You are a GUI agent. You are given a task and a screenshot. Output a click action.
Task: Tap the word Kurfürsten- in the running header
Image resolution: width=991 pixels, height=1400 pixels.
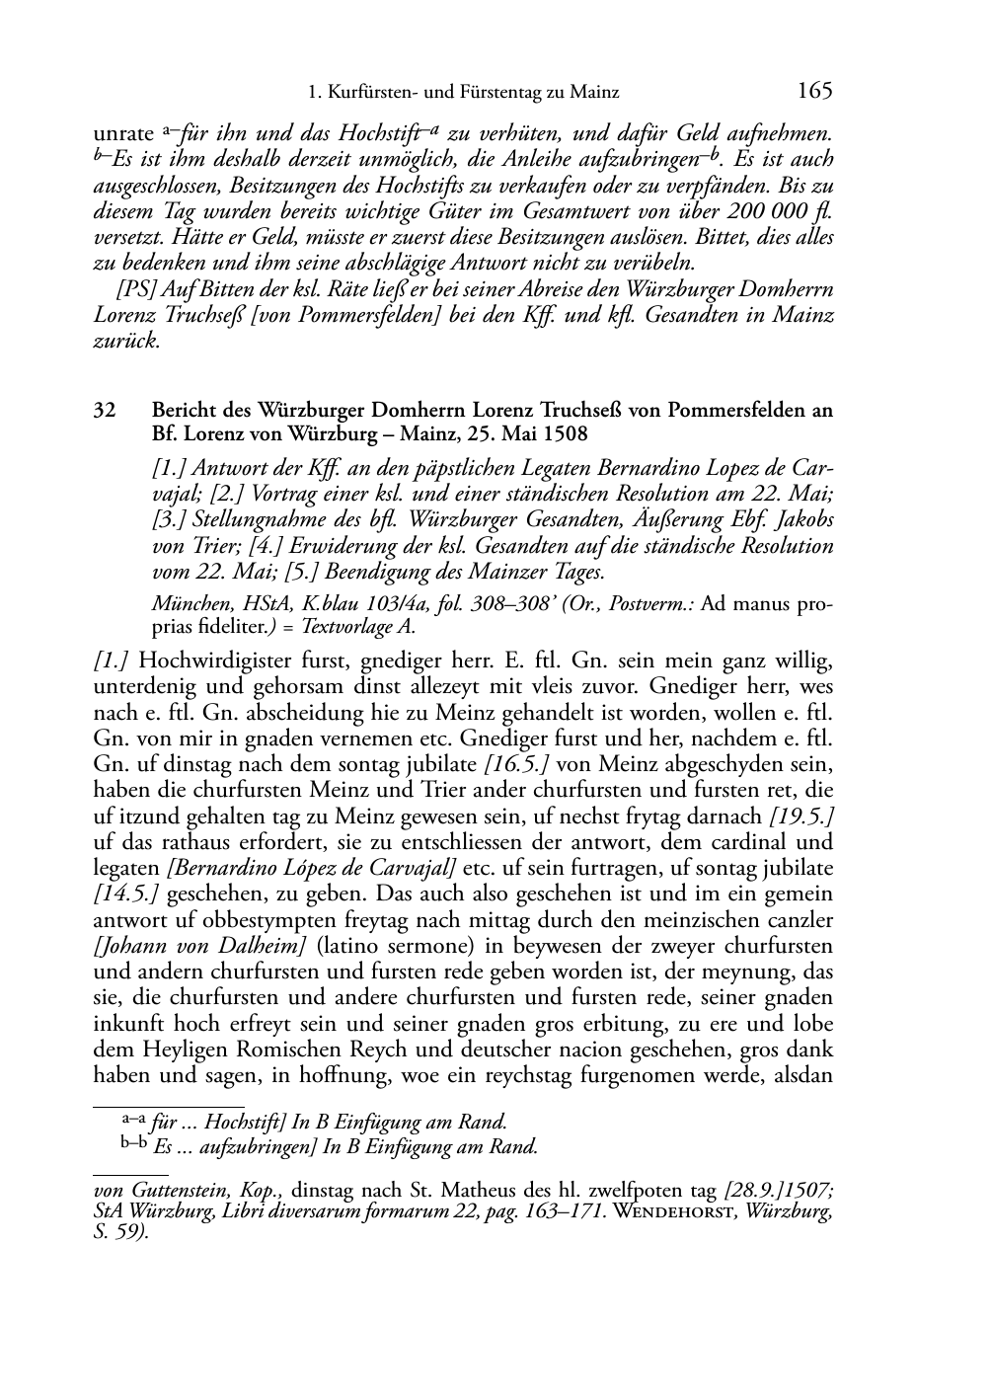374,94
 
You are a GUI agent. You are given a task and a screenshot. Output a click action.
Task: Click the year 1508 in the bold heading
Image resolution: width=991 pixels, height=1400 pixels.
564,435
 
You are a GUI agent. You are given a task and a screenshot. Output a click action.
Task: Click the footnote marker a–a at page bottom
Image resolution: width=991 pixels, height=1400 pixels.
131,1120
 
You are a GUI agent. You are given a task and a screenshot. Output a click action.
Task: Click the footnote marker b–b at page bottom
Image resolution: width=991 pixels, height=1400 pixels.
133,1144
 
